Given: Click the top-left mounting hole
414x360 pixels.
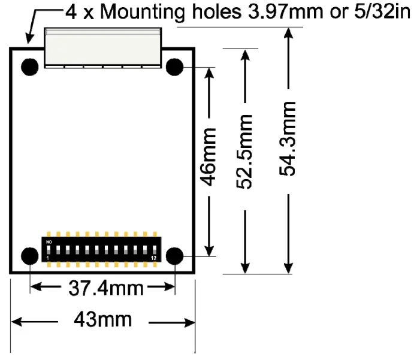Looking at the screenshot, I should click(29, 67).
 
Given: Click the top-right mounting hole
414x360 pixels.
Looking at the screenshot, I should click(174, 67).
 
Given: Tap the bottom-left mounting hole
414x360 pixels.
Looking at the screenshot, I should click(29, 256).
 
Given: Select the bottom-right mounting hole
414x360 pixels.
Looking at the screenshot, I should click(174, 256).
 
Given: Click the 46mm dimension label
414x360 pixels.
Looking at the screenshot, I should click(208, 157).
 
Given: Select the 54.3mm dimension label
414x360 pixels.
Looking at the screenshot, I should click(288, 138).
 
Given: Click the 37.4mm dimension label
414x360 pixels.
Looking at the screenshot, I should click(103, 289).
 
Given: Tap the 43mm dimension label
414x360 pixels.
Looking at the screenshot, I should click(102, 320).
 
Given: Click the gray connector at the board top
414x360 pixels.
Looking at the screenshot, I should click(103, 47).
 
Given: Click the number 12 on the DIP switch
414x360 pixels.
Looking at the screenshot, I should click(154, 258).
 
